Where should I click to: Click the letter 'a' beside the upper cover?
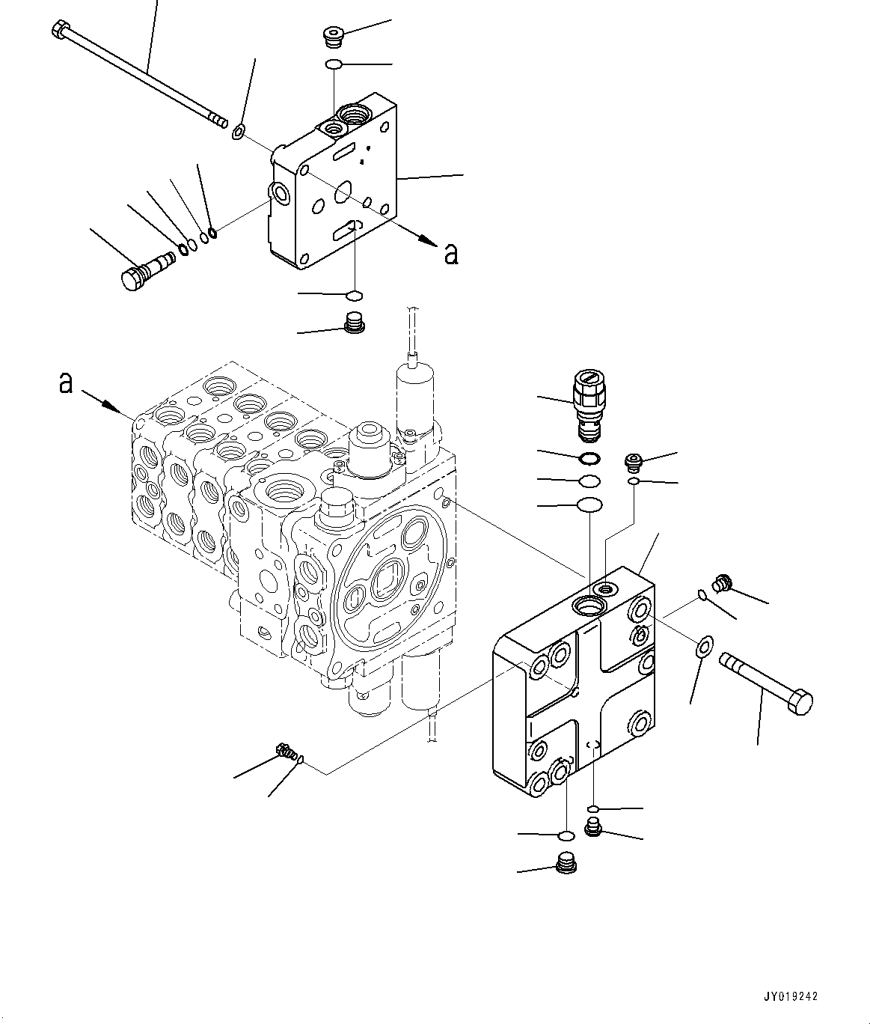[x=451, y=254]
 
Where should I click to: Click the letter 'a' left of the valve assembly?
[x=66, y=383]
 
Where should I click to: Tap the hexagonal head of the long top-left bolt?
[x=60, y=31]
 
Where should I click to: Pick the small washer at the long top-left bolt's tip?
[x=239, y=133]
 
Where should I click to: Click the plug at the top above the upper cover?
[x=331, y=34]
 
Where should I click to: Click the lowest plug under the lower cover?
[x=569, y=865]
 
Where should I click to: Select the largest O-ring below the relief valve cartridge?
[x=589, y=505]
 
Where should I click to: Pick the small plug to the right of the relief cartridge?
[x=634, y=460]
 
